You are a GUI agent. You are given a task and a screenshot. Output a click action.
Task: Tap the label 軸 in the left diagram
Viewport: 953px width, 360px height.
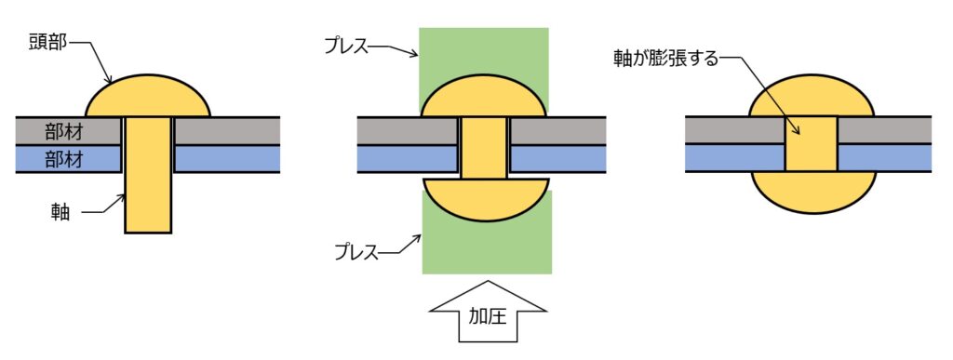(60, 212)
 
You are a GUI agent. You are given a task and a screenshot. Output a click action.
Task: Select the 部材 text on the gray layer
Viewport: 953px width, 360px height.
(64, 130)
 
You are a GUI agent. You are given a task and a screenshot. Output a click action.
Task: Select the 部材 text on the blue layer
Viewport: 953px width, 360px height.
(64, 159)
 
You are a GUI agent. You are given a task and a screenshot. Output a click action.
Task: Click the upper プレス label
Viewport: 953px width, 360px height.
(346, 47)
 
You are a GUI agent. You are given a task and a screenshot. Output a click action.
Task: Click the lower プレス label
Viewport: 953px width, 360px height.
(356, 251)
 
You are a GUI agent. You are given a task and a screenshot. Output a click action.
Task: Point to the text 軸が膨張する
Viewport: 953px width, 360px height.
(666, 60)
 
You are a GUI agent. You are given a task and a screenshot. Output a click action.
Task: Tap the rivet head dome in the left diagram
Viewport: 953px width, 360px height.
(148, 96)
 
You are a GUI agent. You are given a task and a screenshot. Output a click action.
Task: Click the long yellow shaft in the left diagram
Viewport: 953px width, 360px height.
(148, 175)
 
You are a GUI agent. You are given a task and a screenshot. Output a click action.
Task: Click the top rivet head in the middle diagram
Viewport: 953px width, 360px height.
(484, 96)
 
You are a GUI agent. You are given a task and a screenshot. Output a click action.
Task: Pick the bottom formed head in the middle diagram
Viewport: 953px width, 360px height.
(486, 200)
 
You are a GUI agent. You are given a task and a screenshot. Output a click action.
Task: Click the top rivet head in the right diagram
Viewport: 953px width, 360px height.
(812, 96)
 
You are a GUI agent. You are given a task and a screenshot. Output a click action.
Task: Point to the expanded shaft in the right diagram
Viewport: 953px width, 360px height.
(811, 144)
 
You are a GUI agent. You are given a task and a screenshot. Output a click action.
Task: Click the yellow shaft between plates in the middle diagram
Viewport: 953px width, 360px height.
(483, 148)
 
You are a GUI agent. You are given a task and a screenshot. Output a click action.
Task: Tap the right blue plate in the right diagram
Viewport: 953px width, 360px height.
(884, 158)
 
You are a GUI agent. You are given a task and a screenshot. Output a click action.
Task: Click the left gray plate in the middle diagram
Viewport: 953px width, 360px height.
(408, 130)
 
